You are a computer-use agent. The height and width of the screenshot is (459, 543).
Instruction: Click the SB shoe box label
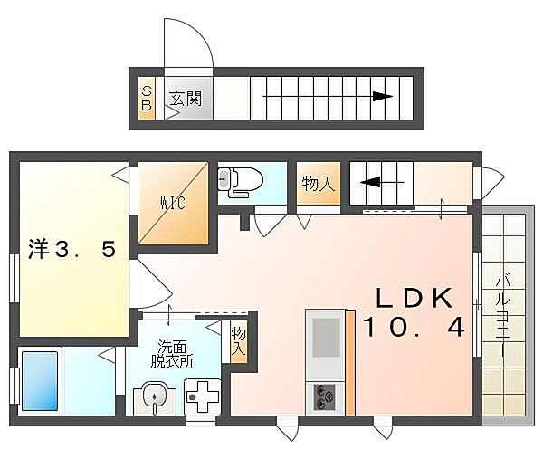coord(147,99)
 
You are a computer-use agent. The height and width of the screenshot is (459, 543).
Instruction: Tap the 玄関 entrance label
coord(186,99)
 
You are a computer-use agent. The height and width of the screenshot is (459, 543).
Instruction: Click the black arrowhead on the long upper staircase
coord(383,96)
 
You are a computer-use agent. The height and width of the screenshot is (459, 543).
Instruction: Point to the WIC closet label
coord(173,203)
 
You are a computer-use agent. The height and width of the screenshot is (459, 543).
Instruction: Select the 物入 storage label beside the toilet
coord(319,183)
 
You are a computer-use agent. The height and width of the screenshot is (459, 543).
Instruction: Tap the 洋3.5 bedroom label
coord(71,250)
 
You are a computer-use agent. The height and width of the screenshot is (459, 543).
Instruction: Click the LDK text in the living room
coord(414,298)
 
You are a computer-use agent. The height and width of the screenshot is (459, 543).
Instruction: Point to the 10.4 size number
coord(414,328)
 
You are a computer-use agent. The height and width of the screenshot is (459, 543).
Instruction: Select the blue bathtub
coord(40,381)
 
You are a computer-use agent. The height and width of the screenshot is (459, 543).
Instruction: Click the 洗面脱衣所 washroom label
coord(172,354)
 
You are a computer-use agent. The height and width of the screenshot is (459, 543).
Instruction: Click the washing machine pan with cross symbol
coord(203,397)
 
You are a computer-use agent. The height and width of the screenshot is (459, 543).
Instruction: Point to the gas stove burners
coord(325,397)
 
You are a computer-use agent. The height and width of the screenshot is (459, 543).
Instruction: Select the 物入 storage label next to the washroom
coord(239,341)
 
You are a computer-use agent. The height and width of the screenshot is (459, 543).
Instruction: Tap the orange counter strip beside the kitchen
coord(350,362)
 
